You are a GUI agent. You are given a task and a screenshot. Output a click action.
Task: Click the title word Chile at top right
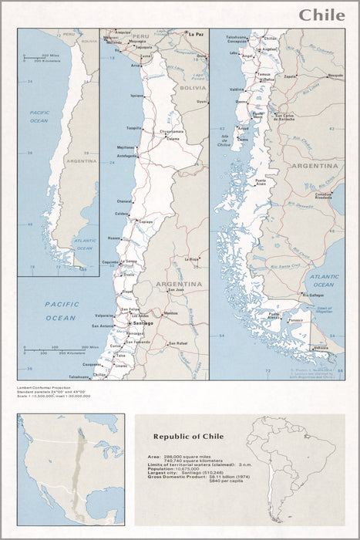point(321,15)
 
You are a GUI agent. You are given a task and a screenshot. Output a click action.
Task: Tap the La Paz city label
point(196,34)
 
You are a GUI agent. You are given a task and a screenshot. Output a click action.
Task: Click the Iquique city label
point(136,96)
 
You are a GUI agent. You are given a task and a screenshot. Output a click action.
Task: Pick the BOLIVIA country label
point(193,88)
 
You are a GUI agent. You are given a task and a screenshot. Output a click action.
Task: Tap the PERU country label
point(140,36)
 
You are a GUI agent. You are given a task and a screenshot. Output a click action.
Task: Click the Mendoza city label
point(170,313)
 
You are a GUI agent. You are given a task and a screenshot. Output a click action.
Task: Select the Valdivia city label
point(237,89)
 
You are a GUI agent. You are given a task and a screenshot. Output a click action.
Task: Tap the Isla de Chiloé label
point(226,140)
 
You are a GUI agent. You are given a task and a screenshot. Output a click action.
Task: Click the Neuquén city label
point(335,76)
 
